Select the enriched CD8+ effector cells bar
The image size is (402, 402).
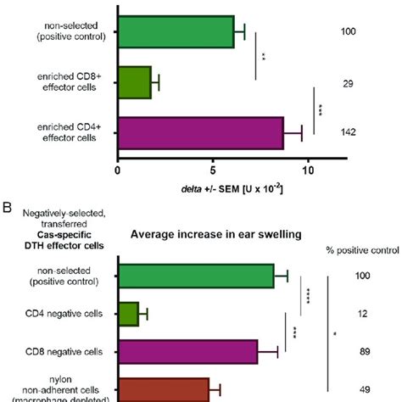135,83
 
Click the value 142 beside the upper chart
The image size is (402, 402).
348,132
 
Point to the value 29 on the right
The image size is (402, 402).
348,83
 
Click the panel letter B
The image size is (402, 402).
8,205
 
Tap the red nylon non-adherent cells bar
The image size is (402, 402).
164,389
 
